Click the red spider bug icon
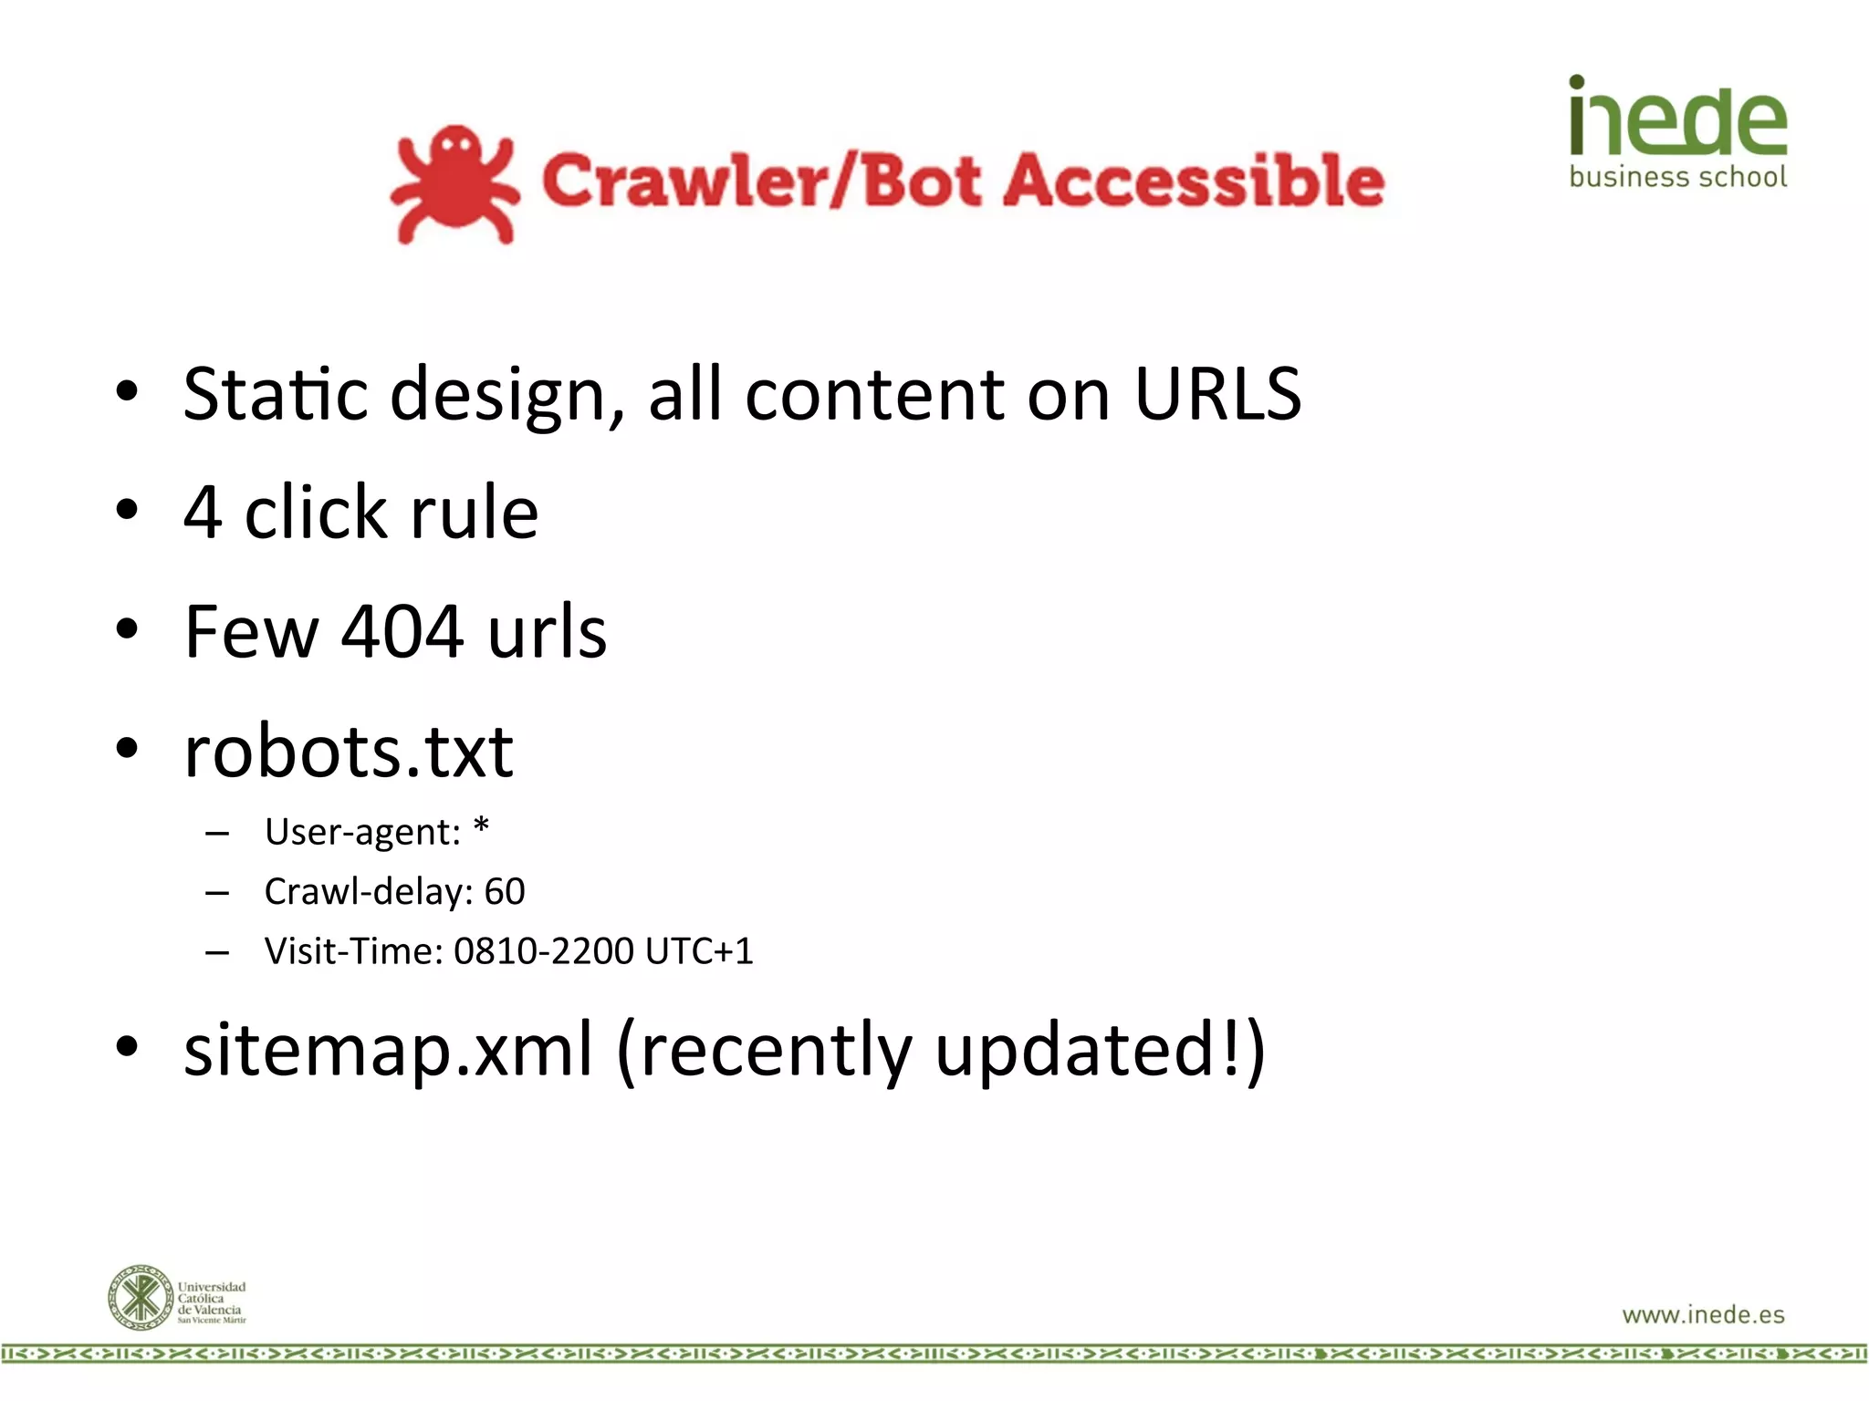click(454, 184)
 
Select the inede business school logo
click(1677, 132)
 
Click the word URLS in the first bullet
click(1217, 394)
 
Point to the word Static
click(275, 394)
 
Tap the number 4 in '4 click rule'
click(203, 513)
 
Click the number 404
click(402, 631)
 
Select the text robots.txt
click(349, 752)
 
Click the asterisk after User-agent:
click(481, 826)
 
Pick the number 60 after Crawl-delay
click(505, 891)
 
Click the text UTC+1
click(699, 951)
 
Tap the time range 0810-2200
click(544, 951)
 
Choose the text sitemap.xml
click(389, 1049)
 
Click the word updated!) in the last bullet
click(1100, 1051)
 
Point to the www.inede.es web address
click(1703, 1314)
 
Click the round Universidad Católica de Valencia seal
click(140, 1297)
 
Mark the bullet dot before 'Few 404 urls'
click(127, 629)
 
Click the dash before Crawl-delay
click(217, 893)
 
